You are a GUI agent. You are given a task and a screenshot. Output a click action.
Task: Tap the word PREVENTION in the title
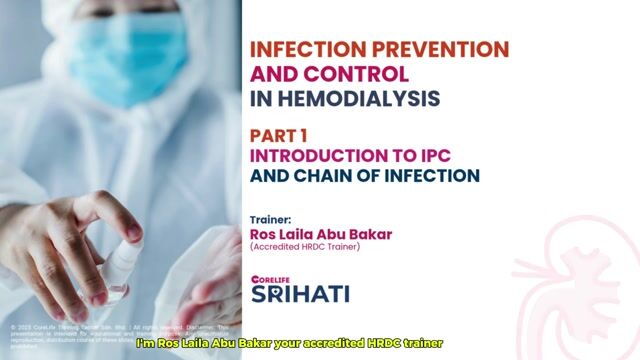pyautogui.click(x=441, y=49)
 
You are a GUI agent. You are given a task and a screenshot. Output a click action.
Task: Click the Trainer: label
pyautogui.click(x=270, y=219)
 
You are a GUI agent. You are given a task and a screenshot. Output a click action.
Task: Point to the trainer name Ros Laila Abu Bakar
pyautogui.click(x=321, y=234)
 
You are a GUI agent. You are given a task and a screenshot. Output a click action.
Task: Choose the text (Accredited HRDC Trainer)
pyautogui.click(x=305, y=247)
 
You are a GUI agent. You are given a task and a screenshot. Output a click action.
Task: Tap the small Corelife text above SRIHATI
pyautogui.click(x=269, y=277)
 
